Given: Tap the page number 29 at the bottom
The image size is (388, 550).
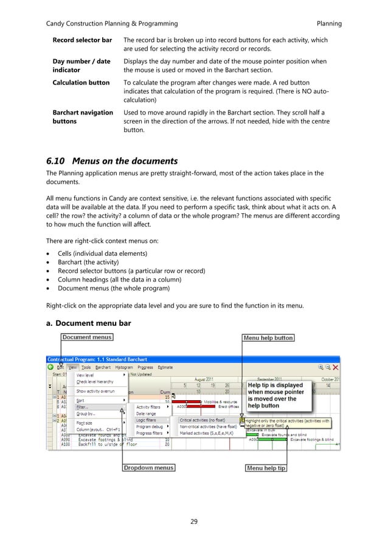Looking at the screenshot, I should tap(194, 521).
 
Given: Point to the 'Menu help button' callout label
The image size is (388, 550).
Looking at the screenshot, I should tap(268, 337).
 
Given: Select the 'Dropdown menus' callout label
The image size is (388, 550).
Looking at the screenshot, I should tap(148, 468).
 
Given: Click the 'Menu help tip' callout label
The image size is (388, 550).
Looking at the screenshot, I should tap(266, 468).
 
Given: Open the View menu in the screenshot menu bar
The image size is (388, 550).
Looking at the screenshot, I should tap(72, 367).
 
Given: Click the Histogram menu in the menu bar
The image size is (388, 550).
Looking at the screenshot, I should tap(124, 367).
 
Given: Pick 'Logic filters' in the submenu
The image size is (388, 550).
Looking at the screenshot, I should tap(146, 420).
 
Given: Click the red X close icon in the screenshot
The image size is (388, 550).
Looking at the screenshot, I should tap(336, 367).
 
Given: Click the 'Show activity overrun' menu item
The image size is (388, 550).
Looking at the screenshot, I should tap(96, 391).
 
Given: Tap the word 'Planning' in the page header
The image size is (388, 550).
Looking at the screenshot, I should tap(329, 24).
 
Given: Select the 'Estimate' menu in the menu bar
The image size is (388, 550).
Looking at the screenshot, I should tap(165, 367).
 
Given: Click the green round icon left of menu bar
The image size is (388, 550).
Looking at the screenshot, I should tap(50, 367).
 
